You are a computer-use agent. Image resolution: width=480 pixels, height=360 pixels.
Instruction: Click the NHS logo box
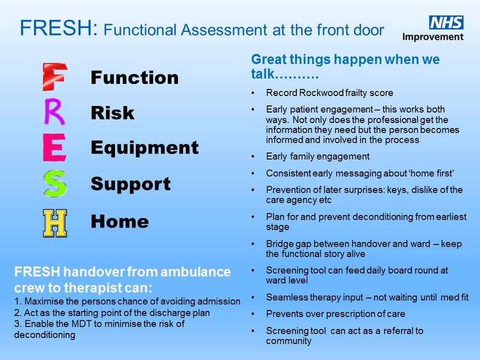coord(446,22)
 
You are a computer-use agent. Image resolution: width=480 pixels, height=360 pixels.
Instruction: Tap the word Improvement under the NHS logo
coord(433,37)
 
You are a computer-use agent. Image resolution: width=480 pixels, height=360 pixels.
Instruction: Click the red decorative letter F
coord(54,77)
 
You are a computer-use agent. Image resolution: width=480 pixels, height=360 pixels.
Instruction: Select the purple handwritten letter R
coord(54,111)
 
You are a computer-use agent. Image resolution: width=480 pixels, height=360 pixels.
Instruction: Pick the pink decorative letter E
coord(54,148)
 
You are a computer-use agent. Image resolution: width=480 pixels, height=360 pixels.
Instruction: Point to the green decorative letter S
coord(55,184)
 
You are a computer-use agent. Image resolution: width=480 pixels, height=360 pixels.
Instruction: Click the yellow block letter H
coord(55,223)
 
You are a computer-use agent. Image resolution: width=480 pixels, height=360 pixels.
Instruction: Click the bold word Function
coord(135,77)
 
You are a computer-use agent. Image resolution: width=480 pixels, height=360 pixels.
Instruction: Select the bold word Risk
coord(113,113)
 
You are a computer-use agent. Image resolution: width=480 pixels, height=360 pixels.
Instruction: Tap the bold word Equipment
coord(144,148)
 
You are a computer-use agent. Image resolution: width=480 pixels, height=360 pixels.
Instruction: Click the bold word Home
coord(120,221)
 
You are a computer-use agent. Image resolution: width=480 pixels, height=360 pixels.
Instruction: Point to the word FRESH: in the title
coord(59,28)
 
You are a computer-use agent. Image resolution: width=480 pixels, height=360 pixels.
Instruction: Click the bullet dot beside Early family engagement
coord(253,157)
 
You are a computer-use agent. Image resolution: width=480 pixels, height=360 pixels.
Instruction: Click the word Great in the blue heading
coord(268,59)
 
